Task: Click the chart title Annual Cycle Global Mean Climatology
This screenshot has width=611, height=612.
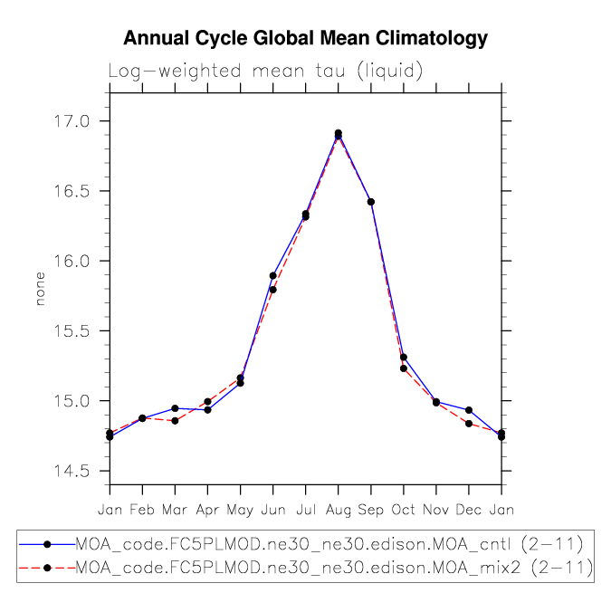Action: click(x=305, y=38)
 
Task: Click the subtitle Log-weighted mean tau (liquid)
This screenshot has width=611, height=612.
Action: click(x=266, y=71)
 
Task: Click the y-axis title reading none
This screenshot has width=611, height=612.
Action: click(x=40, y=290)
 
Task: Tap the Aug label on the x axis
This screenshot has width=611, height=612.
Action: click(x=338, y=510)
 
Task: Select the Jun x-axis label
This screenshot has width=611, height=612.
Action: click(x=272, y=510)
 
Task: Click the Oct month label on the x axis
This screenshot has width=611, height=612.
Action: click(x=403, y=510)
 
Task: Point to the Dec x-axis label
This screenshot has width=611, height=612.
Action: click(x=468, y=510)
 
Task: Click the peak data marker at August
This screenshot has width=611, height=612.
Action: click(x=338, y=134)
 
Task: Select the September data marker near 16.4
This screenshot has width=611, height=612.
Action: click(x=370, y=202)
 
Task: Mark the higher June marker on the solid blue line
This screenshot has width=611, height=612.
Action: click(x=272, y=275)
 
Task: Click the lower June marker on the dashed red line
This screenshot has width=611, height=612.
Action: click(x=272, y=290)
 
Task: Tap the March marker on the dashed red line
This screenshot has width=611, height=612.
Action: click(x=175, y=421)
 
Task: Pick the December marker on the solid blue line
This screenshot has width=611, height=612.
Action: click(x=468, y=410)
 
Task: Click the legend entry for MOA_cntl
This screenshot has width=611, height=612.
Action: click(x=328, y=543)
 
